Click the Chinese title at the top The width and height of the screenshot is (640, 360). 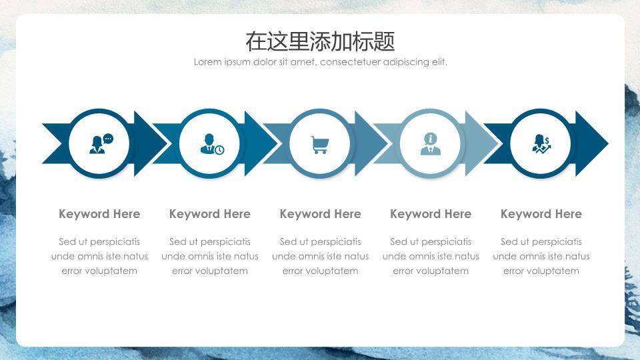pos(320,41)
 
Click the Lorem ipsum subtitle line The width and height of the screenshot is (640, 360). pos(321,62)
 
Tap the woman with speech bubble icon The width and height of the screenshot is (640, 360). pos(101,144)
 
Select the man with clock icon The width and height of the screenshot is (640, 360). pos(212,144)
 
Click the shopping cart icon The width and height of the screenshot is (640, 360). pos(320,145)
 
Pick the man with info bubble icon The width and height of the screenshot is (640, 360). pos(431,144)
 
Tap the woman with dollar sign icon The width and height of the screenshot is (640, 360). pos(541,144)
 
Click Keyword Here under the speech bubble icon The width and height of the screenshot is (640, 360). pos(99,214)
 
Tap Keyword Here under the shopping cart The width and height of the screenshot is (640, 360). pos(321,214)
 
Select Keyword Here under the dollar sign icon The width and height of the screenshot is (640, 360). pos(541,214)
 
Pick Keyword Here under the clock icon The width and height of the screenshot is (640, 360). pos(210,214)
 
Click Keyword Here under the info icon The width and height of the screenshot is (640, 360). pos(431,214)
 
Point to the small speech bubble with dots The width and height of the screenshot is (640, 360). pos(108,139)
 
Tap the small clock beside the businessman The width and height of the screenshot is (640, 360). pos(219,150)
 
